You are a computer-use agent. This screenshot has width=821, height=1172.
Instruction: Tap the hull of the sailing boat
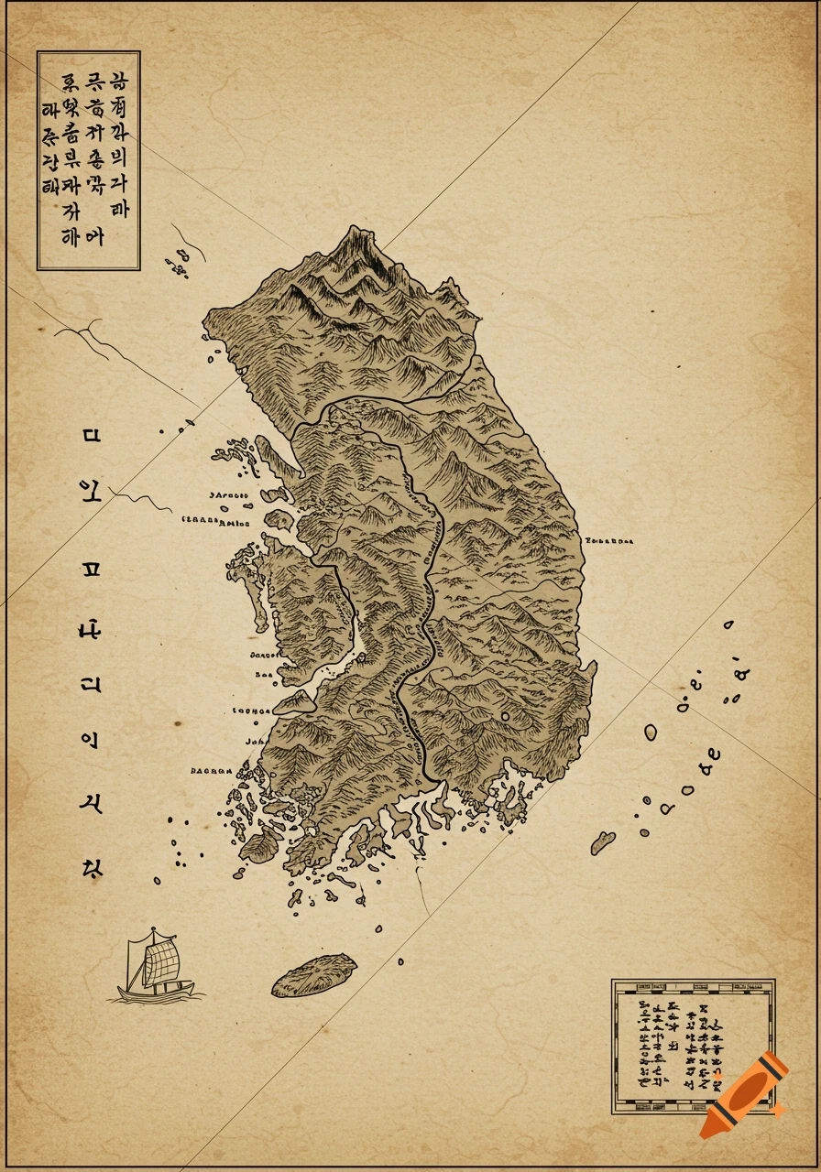158,991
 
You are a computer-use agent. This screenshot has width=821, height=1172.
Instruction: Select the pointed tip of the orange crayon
707,1132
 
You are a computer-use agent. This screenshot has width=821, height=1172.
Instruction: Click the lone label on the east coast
609,540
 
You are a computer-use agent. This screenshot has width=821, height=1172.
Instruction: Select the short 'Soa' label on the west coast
264,676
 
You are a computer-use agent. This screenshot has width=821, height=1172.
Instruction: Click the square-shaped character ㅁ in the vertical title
90,434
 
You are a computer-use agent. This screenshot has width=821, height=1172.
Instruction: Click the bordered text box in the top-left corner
88,160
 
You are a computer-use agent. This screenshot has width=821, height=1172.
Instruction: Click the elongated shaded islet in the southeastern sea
602,842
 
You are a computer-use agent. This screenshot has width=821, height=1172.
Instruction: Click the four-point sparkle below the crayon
778,1111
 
